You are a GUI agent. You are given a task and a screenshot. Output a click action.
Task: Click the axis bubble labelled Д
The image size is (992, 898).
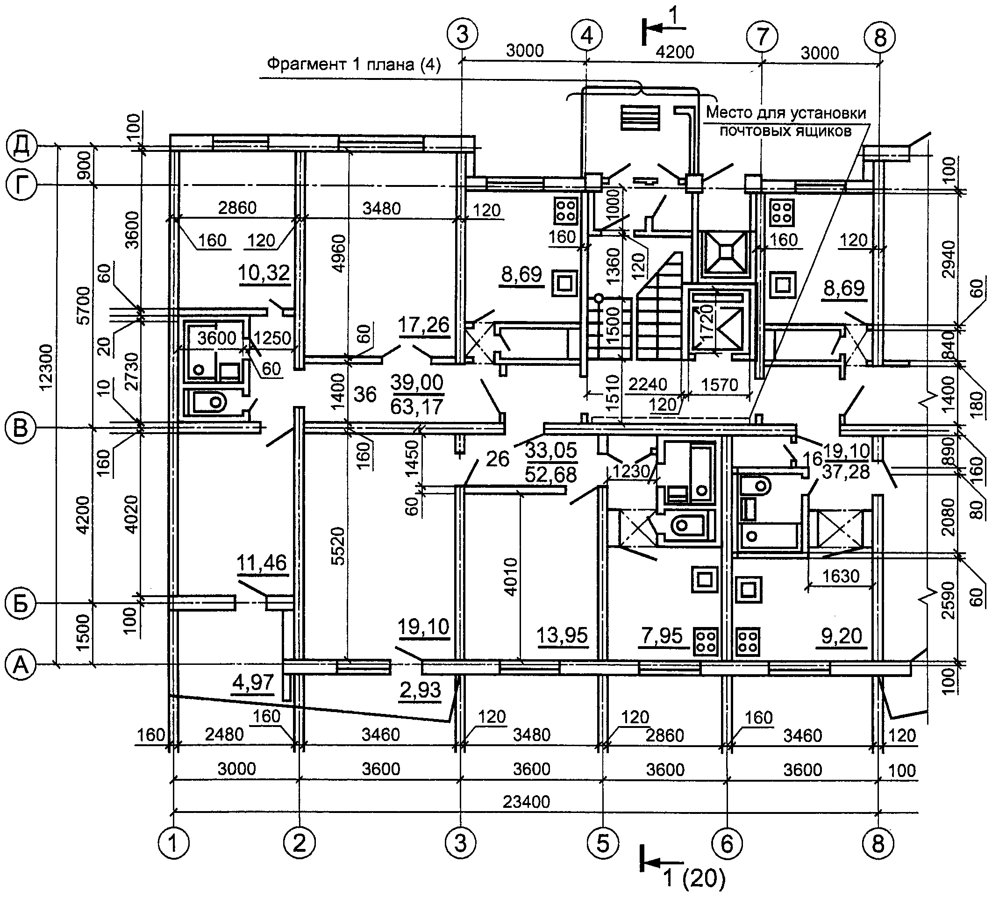point(21,147)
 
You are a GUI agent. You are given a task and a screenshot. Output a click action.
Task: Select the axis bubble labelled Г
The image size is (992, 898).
point(21,185)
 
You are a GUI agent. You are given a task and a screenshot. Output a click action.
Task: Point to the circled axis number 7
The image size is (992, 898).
point(762,36)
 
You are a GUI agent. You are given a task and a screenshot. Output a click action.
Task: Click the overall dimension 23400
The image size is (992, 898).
point(526,802)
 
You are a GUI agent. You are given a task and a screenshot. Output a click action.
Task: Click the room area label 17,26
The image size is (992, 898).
point(424,325)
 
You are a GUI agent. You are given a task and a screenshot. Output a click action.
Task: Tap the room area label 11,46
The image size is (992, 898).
point(261,563)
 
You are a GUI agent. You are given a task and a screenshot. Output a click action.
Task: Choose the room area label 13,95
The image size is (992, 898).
point(562,635)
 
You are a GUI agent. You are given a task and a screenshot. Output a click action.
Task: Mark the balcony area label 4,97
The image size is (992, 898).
point(253,682)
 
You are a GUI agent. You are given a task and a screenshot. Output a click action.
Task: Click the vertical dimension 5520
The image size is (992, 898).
point(337,546)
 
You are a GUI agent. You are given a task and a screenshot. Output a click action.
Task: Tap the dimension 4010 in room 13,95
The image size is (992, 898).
point(511,577)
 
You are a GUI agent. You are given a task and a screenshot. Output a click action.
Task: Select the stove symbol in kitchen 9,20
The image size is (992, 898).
point(748,641)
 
